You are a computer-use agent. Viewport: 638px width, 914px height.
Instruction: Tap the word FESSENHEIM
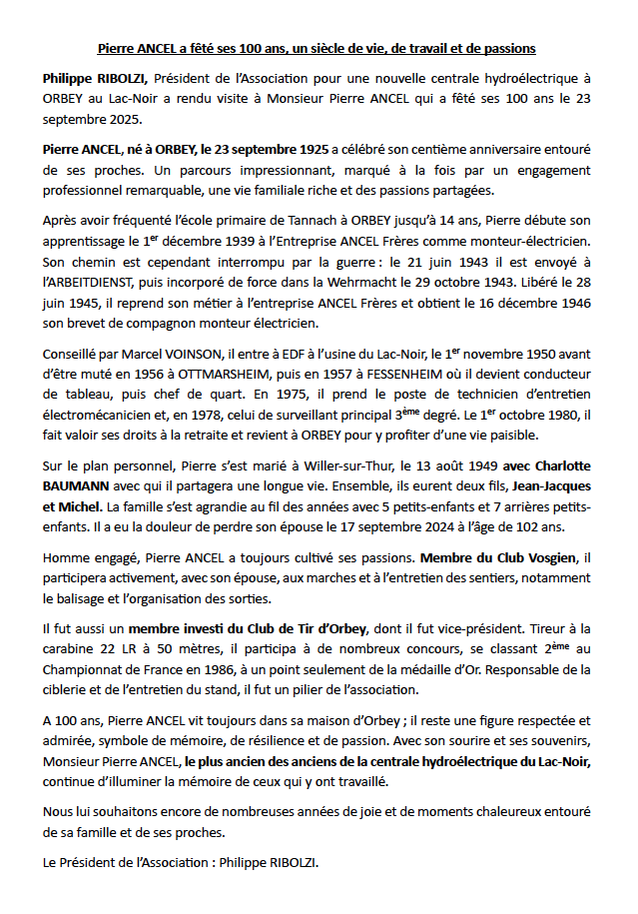390,374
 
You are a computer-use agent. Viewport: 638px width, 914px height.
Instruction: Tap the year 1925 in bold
304,149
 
